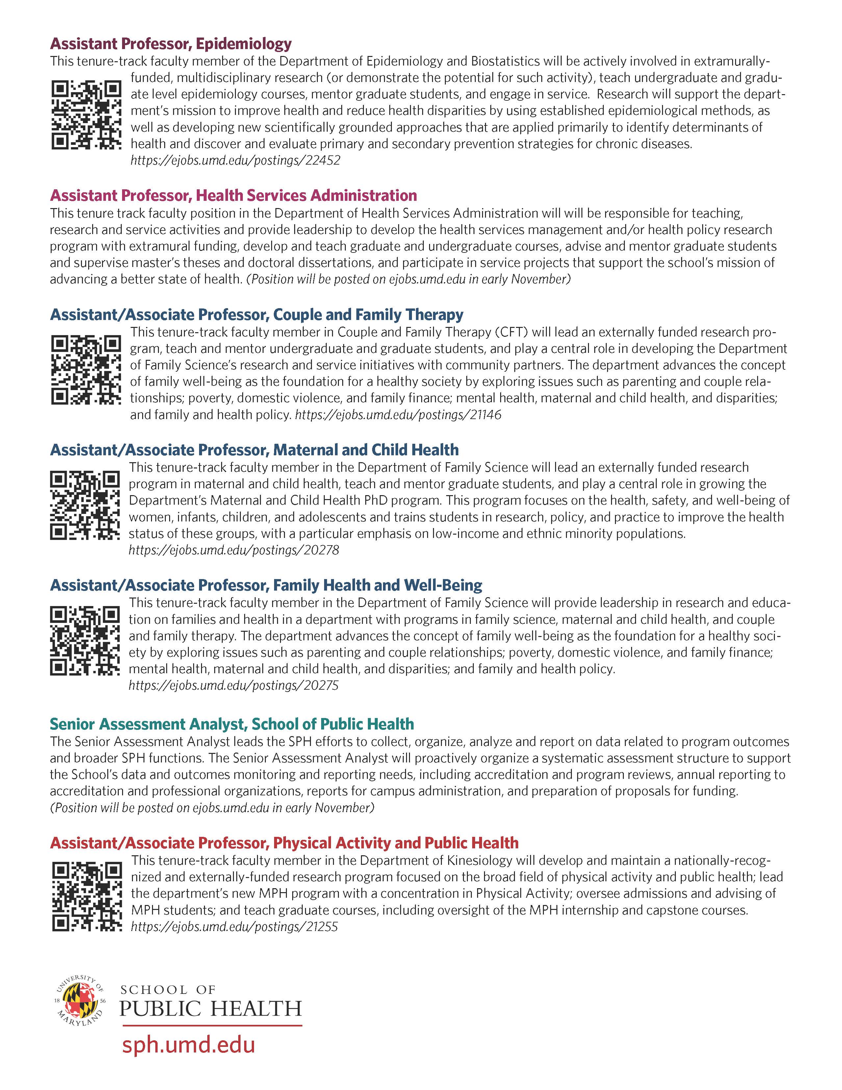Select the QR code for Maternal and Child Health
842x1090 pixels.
pos(85,505)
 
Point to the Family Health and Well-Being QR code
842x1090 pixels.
pos(85,640)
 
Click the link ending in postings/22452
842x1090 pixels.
pos(236,161)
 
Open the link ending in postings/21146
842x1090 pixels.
pos(398,415)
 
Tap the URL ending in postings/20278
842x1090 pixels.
pos(233,550)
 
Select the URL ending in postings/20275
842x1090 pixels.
pos(233,685)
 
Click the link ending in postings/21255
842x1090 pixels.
pos(235,927)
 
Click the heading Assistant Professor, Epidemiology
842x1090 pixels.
pos(170,44)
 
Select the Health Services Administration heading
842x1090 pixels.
pos(233,195)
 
